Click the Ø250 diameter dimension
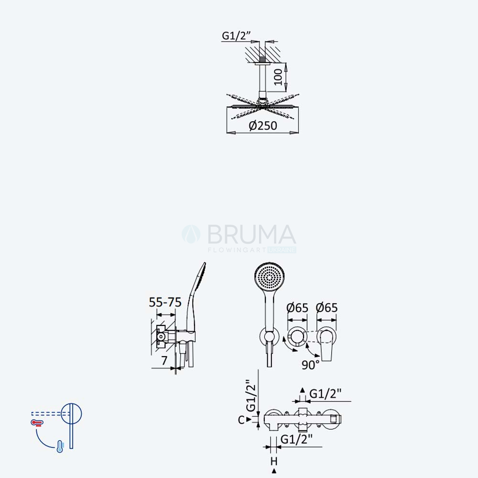tap(263, 126)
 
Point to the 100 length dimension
tap(278, 77)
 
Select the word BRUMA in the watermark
tap(252, 234)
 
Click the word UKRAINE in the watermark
tap(282, 250)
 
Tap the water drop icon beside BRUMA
tap(191, 234)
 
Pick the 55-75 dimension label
tap(165, 302)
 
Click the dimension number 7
tap(164, 360)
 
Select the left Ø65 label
tap(297, 307)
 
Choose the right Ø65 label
tap(326, 307)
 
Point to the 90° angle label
tap(311, 365)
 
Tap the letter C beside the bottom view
tap(241, 420)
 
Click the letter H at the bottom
tap(274, 461)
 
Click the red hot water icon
tap(37, 423)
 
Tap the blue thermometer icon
tap(60, 446)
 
